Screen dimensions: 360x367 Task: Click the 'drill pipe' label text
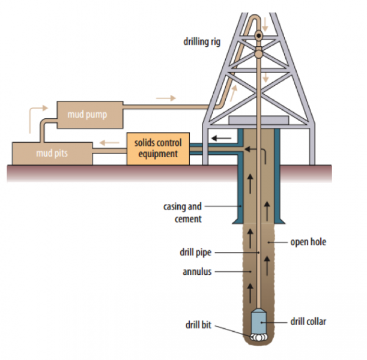coord(196,252)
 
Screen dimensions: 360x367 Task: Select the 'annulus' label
coord(197,272)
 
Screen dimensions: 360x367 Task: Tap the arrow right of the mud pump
coord(166,97)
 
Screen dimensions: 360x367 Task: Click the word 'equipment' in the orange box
coord(158,154)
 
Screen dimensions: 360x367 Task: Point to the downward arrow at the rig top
coord(265,25)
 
